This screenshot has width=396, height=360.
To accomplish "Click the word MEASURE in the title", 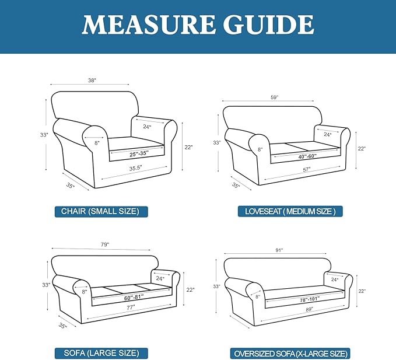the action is tap(149, 25).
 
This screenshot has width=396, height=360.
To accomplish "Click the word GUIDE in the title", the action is tap(268, 25).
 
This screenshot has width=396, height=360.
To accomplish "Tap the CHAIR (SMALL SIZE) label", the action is tap(100, 211).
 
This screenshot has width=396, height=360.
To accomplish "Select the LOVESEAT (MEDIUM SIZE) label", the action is tap(290, 211).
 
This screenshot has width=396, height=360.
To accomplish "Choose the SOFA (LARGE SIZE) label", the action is tap(101, 353).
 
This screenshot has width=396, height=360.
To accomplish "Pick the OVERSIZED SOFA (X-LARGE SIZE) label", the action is tap(290, 354).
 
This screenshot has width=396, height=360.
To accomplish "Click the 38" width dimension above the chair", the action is tap(92, 81).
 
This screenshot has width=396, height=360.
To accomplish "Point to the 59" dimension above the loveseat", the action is tap(274, 97).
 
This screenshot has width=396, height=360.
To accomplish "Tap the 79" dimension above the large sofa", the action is tap(105, 244).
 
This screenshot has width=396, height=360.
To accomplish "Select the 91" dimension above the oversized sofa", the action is tap(279, 250).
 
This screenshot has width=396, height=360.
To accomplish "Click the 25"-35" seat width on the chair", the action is tap(139, 153).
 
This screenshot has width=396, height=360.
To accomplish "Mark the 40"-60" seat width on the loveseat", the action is tap(307, 156).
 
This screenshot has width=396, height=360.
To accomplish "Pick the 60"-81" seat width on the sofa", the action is tap(134, 298).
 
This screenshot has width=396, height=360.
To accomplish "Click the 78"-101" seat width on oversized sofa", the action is tap(310, 300).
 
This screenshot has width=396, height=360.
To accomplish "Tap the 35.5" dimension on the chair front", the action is tap(136, 168).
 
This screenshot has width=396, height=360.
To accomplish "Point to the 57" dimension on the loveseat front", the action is tap(307, 170).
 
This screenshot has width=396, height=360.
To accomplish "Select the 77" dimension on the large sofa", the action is tap(131, 307).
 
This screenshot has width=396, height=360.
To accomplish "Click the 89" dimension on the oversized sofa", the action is tap(309, 309).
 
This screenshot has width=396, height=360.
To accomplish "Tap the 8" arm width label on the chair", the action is tap(97, 143).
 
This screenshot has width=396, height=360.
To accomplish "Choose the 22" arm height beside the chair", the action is tap(188, 147).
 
